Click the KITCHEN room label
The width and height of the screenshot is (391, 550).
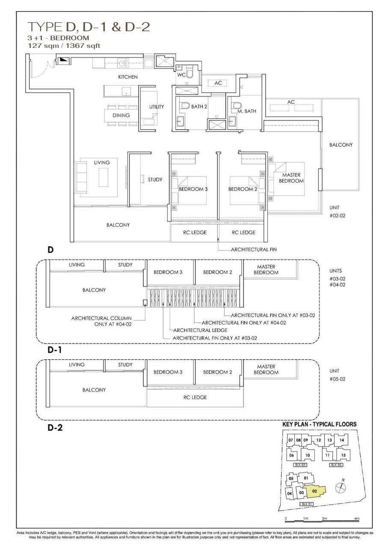point(128,77)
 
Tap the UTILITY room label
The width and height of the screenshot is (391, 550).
point(157,106)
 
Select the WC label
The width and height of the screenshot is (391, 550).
point(181,75)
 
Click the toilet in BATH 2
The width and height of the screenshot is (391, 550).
point(185,106)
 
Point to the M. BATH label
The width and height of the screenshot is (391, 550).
point(246,111)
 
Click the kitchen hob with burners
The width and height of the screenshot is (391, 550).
point(123,62)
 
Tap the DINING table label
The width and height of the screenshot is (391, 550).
point(121,115)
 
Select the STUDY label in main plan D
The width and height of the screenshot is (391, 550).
point(155,180)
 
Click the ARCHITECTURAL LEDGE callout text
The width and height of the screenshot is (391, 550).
point(200,330)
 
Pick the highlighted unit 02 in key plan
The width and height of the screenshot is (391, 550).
point(314,491)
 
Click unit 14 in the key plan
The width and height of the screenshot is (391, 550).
point(342,440)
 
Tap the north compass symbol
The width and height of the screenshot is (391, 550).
point(341,486)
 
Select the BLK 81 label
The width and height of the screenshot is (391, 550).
point(307,504)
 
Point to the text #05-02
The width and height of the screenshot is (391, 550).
point(338,379)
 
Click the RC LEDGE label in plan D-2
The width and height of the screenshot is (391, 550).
point(195,397)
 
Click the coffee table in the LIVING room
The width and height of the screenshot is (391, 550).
point(103,177)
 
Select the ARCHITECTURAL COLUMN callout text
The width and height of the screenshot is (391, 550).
point(101,318)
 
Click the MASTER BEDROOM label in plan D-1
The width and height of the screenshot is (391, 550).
point(266,269)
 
